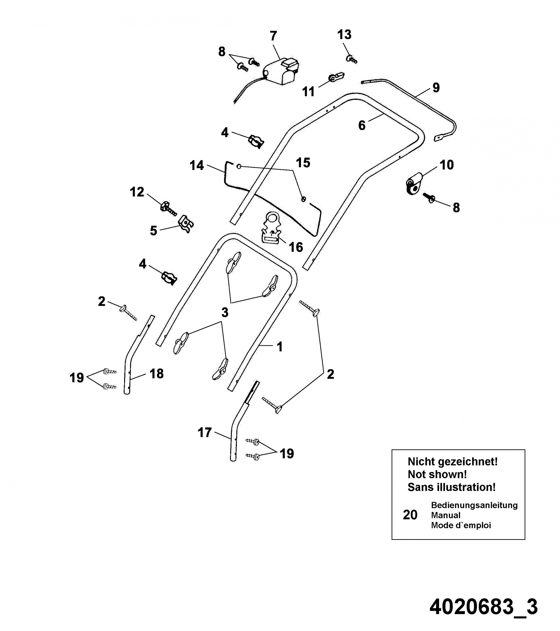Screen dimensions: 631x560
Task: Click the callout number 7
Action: [x=273, y=36]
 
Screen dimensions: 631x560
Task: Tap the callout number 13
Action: [x=344, y=35]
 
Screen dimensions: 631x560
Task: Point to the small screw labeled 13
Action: [x=352, y=59]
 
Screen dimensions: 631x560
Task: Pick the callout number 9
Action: [x=436, y=88]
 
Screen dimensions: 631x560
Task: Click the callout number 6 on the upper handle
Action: [x=362, y=125]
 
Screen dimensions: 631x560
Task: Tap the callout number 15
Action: [x=303, y=163]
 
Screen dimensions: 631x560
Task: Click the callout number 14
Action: [x=196, y=166]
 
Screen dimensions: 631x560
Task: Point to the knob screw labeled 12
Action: [x=167, y=208]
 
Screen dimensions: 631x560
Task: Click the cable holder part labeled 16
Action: [x=271, y=229]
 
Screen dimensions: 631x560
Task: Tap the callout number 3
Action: [x=225, y=312]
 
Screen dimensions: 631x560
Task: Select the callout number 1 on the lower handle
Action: [x=280, y=347]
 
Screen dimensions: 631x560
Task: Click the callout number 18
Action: [x=156, y=374]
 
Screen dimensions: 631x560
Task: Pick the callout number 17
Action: [x=204, y=433]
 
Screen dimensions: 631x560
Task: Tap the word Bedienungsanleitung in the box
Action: [x=474, y=505]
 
